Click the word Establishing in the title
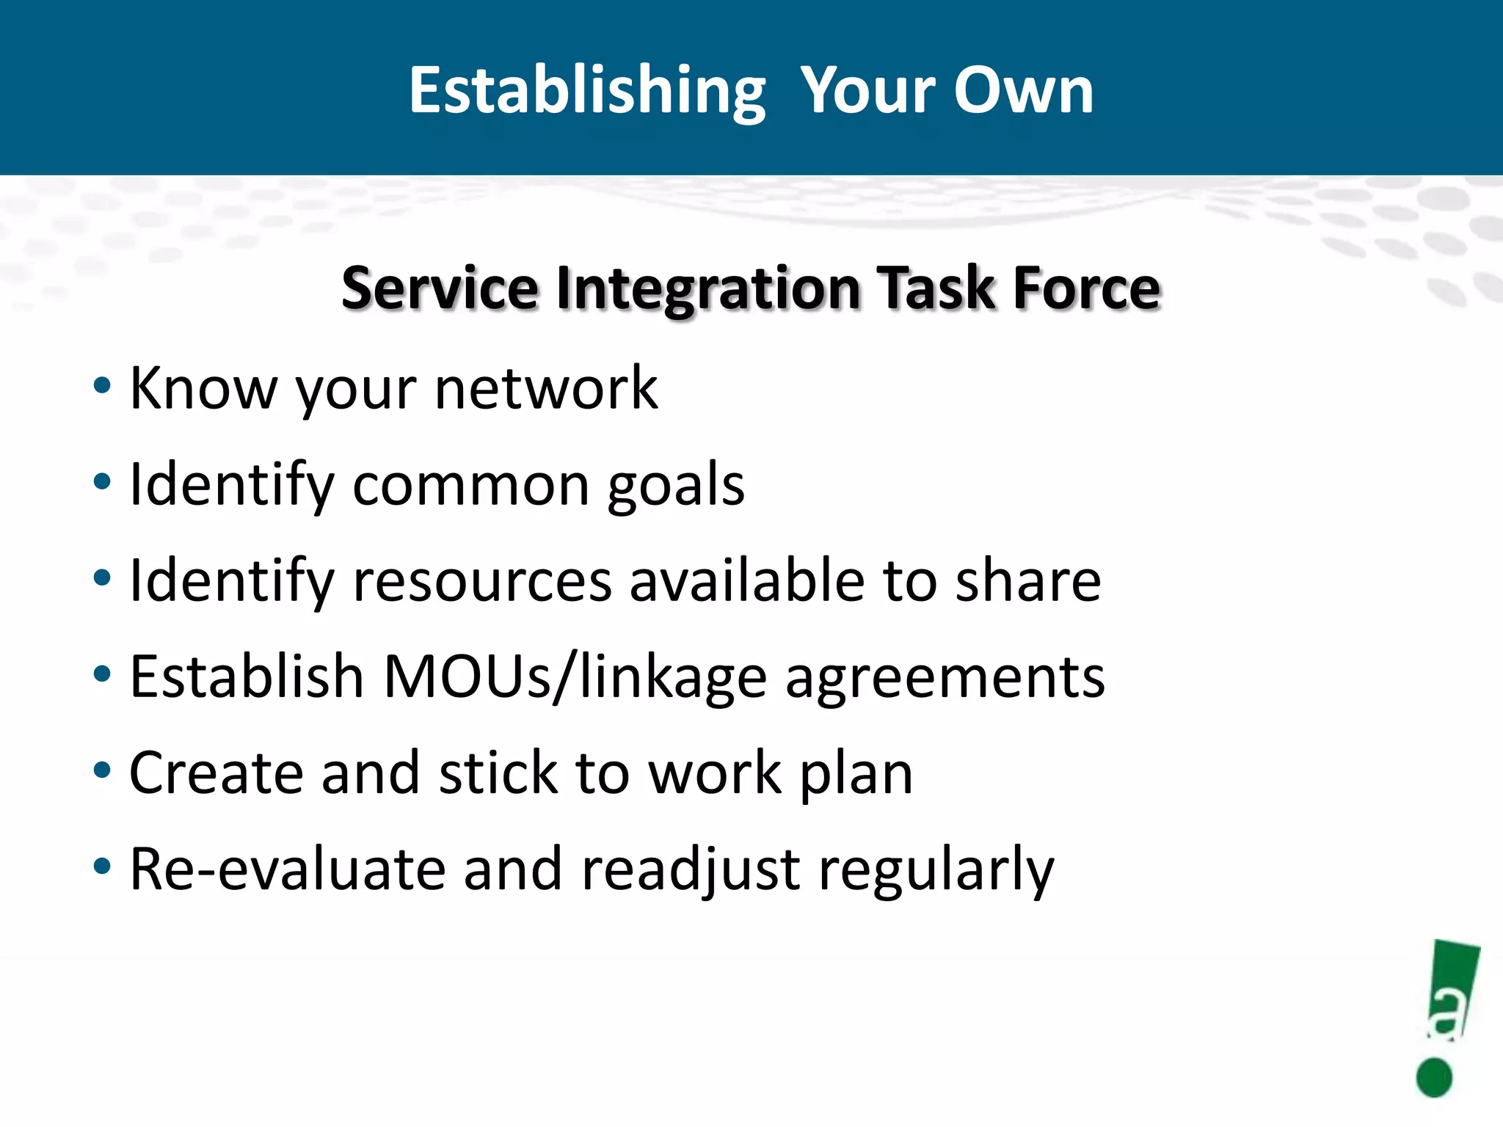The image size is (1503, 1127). point(587,91)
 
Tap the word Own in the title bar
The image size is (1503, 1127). point(1023,91)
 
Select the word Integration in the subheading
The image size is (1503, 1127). point(709,288)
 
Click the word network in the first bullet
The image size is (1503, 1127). point(546,388)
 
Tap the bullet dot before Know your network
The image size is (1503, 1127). point(102,386)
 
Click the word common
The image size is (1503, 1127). point(471,486)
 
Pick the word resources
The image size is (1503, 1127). point(482,581)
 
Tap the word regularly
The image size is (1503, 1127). point(936,872)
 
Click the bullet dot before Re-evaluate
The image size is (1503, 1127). point(102,867)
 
